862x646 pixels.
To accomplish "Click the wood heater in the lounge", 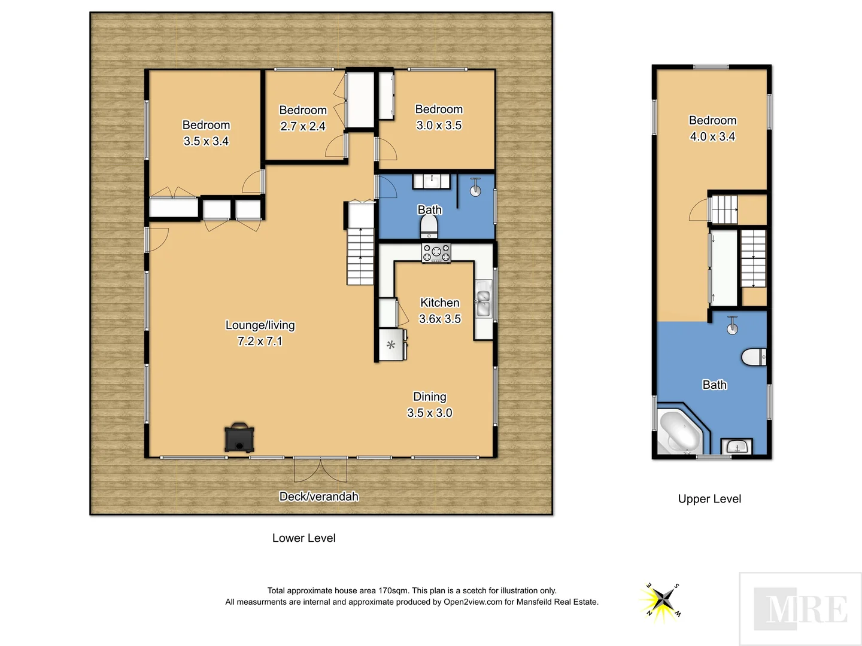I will pyautogui.click(x=239, y=438).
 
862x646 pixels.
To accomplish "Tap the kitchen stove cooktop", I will pyautogui.click(x=436, y=252).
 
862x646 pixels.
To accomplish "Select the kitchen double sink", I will pyautogui.click(x=482, y=303).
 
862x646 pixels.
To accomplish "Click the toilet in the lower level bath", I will pyautogui.click(x=429, y=226).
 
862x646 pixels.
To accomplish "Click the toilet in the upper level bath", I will pyautogui.click(x=754, y=357).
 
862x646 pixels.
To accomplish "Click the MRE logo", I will pyautogui.click(x=800, y=609).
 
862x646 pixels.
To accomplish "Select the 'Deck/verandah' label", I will pyautogui.click(x=318, y=496).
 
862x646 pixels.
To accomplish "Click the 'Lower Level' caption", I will pyautogui.click(x=303, y=538).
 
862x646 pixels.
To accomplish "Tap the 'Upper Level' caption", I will pyautogui.click(x=709, y=499).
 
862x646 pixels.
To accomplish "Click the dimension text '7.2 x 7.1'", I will pyautogui.click(x=260, y=341).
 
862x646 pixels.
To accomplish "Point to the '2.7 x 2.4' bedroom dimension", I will pyautogui.click(x=303, y=126).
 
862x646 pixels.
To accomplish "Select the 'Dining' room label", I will pyautogui.click(x=429, y=397).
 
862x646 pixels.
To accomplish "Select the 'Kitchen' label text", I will pyautogui.click(x=439, y=303).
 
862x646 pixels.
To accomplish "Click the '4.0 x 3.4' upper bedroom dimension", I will pyautogui.click(x=712, y=136).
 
